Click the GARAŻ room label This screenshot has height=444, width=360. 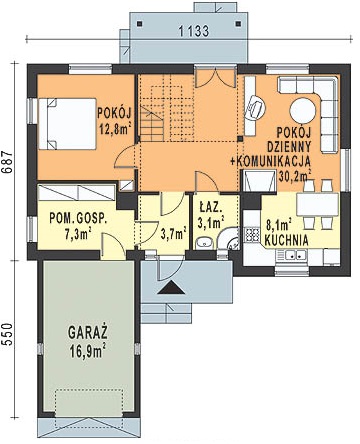click(x=88, y=332)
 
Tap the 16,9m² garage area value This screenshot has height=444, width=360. click(x=88, y=351)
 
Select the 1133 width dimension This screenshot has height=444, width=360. click(x=194, y=31)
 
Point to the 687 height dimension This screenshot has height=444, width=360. click(x=7, y=162)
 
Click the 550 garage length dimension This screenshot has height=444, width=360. click(x=7, y=334)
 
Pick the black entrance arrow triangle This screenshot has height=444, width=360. click(x=171, y=287)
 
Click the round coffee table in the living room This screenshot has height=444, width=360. click(x=302, y=111)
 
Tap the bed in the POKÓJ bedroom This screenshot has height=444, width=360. click(x=68, y=123)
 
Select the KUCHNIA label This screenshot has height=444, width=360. click(x=286, y=241)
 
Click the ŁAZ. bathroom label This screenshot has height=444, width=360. click(x=210, y=208)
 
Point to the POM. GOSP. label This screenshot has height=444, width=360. click(x=79, y=219)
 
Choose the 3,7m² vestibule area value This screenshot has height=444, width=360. click(x=173, y=234)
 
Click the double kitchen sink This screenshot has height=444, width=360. click(x=292, y=255)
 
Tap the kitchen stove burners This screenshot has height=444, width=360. click(x=252, y=234)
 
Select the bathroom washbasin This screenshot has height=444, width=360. click(x=204, y=243)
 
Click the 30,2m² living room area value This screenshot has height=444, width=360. click(x=295, y=175)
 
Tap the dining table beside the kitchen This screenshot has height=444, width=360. click(x=317, y=204)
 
